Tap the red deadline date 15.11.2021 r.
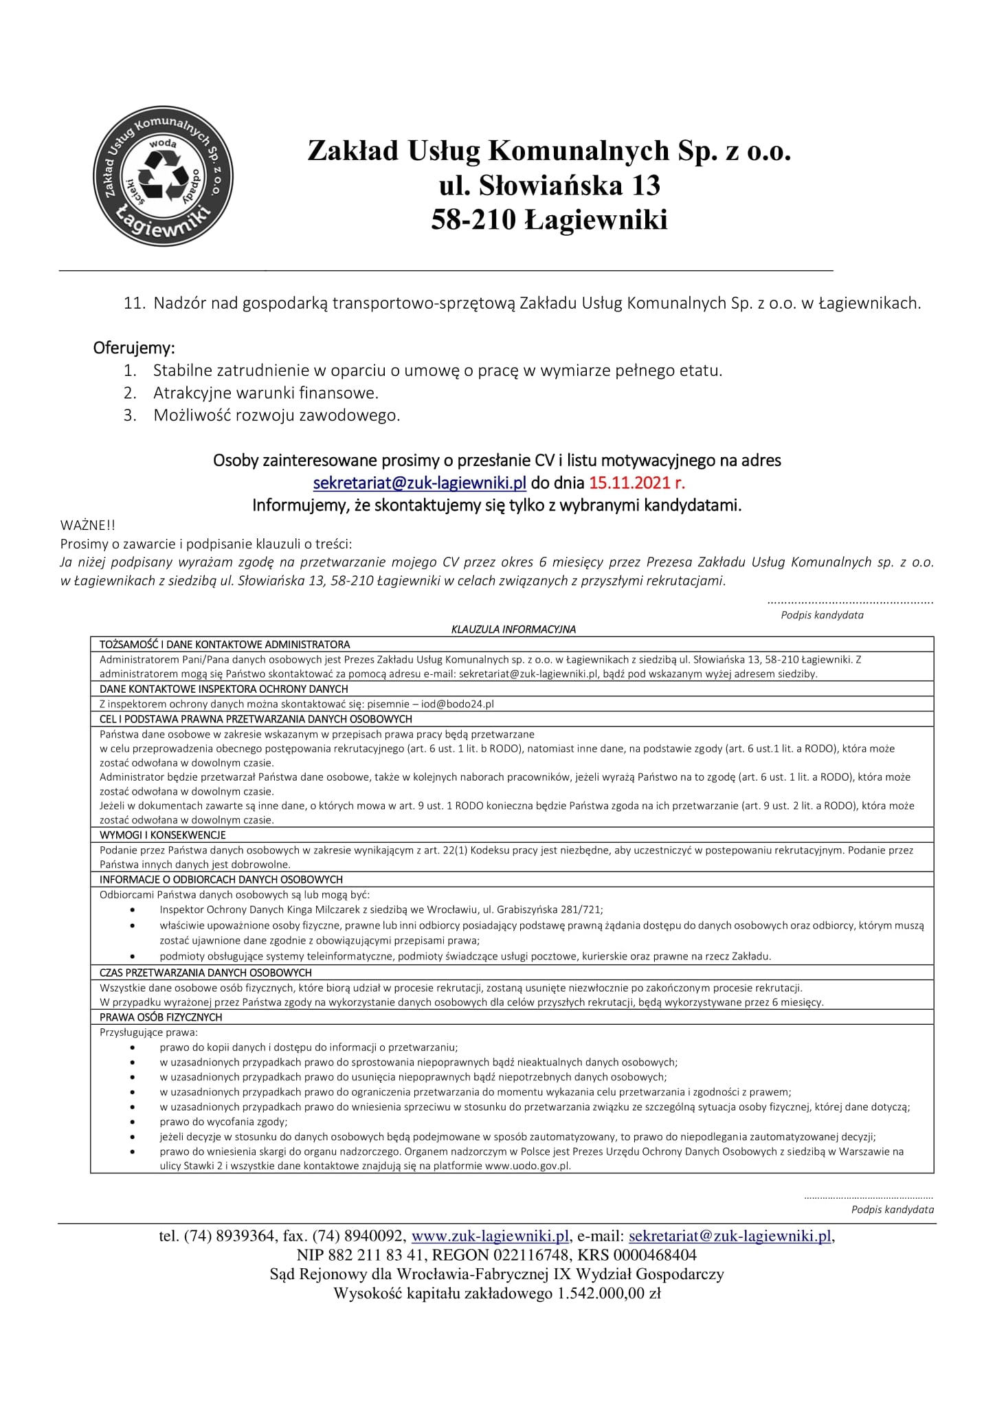coord(636,483)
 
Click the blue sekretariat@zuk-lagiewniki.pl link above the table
coord(419,483)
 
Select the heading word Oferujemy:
coord(134,348)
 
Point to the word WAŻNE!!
coord(88,526)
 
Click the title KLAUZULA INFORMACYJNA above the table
coord(513,629)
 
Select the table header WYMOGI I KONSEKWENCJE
coord(163,835)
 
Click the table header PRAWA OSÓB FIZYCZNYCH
coord(161,1017)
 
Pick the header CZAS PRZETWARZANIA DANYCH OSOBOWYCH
coord(205,973)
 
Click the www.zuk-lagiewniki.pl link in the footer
coord(490,1236)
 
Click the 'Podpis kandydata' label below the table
coord(892,1209)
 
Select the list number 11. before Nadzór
coord(135,303)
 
